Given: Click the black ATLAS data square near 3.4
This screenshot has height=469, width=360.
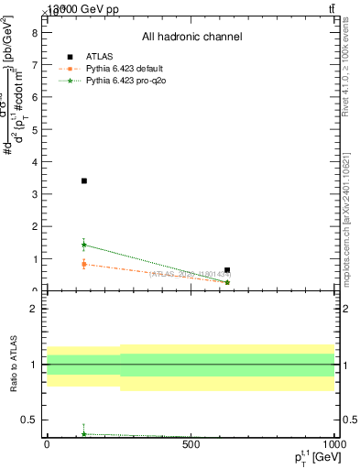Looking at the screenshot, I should click(x=83, y=180).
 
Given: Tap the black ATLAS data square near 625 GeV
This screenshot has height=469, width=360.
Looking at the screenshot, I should click(x=227, y=270).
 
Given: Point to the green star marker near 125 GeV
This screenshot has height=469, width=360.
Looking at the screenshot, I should click(x=83, y=245).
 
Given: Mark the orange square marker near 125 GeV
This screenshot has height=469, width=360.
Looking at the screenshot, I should click(x=83, y=264).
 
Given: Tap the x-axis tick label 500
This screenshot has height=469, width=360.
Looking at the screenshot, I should click(x=191, y=444).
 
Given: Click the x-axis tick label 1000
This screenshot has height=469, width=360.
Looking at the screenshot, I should click(x=333, y=444).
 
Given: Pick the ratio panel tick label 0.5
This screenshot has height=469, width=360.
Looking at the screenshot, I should click(x=30, y=420).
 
